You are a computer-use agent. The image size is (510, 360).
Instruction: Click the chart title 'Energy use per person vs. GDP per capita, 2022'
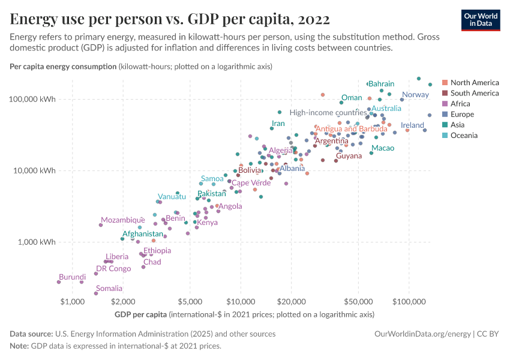[170, 20]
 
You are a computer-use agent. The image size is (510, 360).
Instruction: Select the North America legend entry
[474, 82]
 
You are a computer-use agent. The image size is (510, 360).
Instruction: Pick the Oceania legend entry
[464, 135]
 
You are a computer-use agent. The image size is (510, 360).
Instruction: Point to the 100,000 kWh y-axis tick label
[35, 99]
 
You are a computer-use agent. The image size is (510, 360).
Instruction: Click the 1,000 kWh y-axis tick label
[37, 242]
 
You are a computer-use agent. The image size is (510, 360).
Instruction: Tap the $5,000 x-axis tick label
[190, 300]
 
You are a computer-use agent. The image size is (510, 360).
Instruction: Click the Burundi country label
[72, 277]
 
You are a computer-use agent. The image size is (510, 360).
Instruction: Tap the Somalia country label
[109, 289]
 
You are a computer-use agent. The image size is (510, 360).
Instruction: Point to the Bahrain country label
[381, 84]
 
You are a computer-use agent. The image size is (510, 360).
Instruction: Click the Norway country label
[415, 95]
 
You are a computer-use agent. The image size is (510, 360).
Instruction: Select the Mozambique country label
[123, 220]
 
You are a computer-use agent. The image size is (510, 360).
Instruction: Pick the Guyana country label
[349, 156]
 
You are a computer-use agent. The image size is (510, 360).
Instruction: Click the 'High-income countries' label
[328, 113]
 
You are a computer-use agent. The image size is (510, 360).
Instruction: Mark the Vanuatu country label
[172, 197]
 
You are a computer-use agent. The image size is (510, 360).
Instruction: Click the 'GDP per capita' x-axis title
[140, 314]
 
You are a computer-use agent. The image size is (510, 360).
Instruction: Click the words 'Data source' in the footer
[31, 334]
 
